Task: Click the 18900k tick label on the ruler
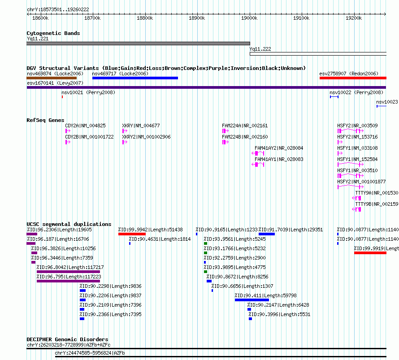click(197, 18)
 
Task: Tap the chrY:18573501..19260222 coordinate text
click(58, 10)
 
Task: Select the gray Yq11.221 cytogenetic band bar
click(138, 43)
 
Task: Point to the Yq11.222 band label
click(260, 49)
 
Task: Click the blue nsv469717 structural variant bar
click(135, 78)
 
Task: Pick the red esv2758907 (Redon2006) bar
click(353, 78)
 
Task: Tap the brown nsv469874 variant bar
click(52, 78)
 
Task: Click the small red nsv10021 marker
click(62, 97)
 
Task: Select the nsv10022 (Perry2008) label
click(356, 92)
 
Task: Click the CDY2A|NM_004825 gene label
click(85, 126)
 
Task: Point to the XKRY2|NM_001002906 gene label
click(146, 137)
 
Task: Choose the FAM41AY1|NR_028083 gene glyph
click(258, 165)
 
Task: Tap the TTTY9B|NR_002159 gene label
click(377, 204)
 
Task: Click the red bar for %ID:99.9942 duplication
click(132, 234)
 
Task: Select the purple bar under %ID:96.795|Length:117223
click(68, 281)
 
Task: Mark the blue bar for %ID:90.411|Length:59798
click(252, 300)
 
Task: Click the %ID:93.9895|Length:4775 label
click(234, 267)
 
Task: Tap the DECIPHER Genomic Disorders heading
click(67, 339)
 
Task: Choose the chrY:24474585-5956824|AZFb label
click(90, 353)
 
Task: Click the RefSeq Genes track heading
click(45, 120)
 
